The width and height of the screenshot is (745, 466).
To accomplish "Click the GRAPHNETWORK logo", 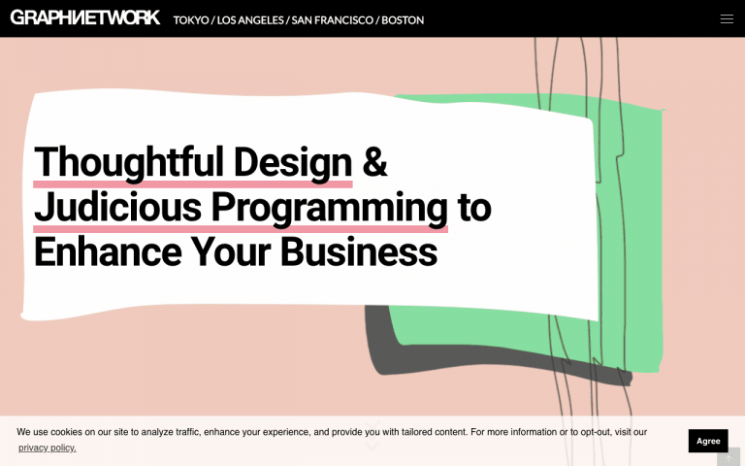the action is coord(85,17).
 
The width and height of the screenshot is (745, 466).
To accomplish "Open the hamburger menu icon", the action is coord(727,18).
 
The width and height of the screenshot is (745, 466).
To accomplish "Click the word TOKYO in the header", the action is coord(191,20).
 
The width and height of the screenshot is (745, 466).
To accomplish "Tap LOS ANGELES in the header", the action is coord(250,20).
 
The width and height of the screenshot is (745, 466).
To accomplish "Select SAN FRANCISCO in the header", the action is coord(332,20).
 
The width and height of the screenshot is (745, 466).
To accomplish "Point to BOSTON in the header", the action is coord(403,20).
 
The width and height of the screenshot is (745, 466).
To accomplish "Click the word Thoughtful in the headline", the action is coord(129,163).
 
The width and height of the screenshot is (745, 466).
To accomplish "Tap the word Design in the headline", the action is coord(293,163).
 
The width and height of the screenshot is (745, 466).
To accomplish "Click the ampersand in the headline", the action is coord(374,162).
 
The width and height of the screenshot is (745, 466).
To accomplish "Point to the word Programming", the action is coord(329,209).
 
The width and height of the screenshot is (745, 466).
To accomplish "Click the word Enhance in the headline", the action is coord(108,251).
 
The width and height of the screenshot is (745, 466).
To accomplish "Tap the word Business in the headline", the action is coord(359,251).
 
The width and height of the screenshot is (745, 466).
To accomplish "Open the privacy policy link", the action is coord(47,448).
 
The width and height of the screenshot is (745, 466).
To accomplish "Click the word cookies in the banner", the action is coord(67,432).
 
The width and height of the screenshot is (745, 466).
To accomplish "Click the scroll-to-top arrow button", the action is coord(729,457).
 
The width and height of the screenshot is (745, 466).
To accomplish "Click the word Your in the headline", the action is coord(231,251).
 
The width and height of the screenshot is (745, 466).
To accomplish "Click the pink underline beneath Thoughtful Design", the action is coord(193,184).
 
